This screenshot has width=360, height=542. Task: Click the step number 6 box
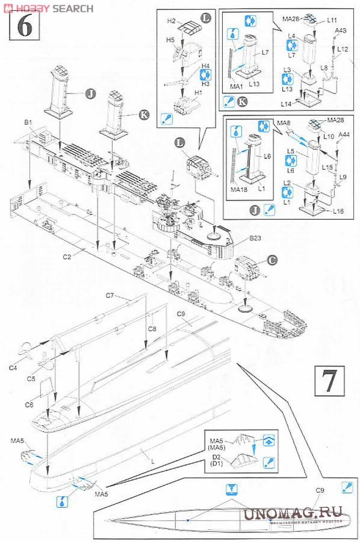click(x=24, y=26)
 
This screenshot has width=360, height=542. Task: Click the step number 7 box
click(x=329, y=381)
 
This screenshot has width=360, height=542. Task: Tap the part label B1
click(x=28, y=122)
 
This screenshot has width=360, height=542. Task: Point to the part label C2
click(x=67, y=257)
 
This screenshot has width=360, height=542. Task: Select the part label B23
click(x=255, y=238)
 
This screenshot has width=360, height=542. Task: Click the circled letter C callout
click(x=272, y=260)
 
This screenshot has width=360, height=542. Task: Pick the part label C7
click(x=110, y=295)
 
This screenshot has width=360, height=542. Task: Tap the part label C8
click(x=152, y=329)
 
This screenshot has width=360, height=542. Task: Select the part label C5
click(x=31, y=379)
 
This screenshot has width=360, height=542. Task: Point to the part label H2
click(x=171, y=21)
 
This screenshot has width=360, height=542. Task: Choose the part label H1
click(x=198, y=92)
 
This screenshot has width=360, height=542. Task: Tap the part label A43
click(x=340, y=31)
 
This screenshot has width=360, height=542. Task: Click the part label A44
click(x=344, y=134)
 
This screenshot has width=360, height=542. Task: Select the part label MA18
click(x=239, y=189)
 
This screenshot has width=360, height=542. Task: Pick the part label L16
click(x=338, y=211)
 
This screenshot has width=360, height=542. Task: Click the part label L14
click(x=286, y=104)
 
